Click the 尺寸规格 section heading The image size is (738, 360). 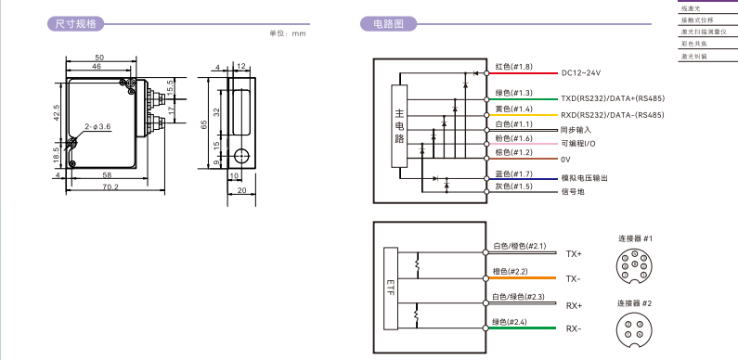click(x=76, y=23)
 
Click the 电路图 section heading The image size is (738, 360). click(x=388, y=23)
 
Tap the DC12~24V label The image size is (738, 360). click(x=581, y=73)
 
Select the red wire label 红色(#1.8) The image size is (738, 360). click(x=514, y=67)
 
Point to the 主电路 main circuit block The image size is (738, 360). click(x=399, y=126)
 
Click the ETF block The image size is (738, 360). click(x=391, y=289)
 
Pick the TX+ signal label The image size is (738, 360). click(x=574, y=254)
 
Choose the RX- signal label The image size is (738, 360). click(x=574, y=328)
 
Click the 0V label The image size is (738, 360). click(x=565, y=160)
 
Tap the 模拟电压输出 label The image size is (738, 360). click(x=584, y=178)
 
